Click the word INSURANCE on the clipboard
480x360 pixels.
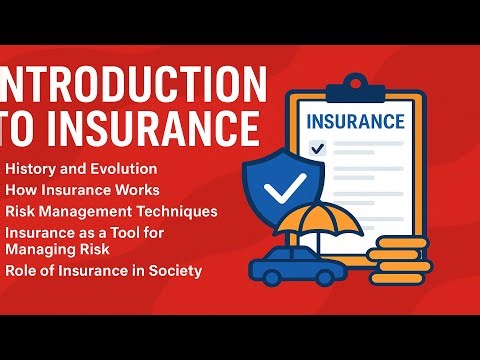click(x=356, y=122)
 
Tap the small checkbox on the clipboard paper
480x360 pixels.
click(x=318, y=148)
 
